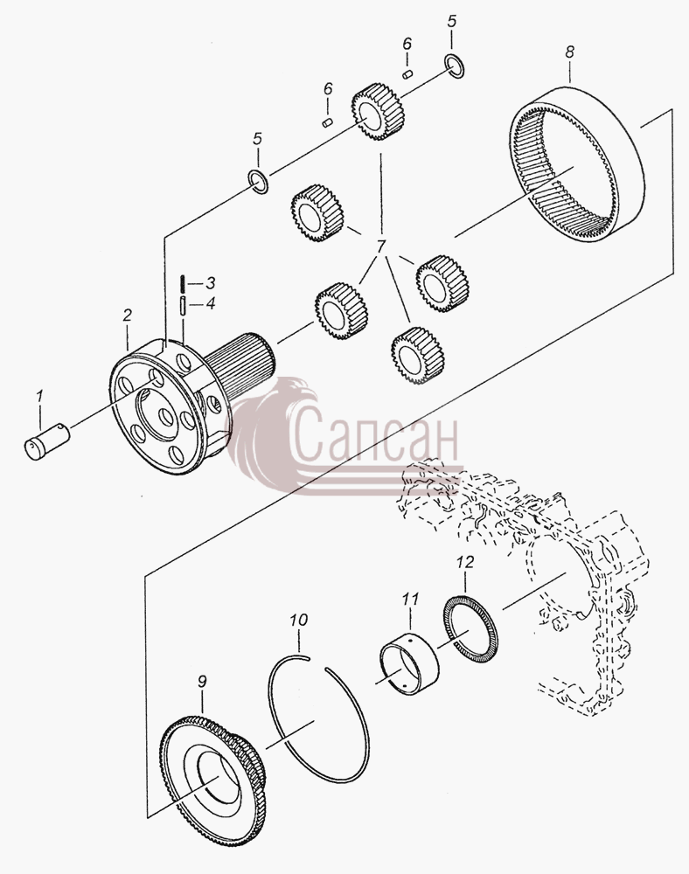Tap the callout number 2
pyautogui.click(x=128, y=315)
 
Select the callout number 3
pyautogui.click(x=210, y=282)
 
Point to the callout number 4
pyautogui.click(x=210, y=304)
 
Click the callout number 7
pyautogui.click(x=381, y=246)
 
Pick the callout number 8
pyautogui.click(x=569, y=52)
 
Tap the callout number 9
pyautogui.click(x=202, y=681)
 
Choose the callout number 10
pyautogui.click(x=299, y=620)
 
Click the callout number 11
pyautogui.click(x=410, y=600)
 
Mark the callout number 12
pyautogui.click(x=465, y=562)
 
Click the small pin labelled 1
pyautogui.click(x=47, y=440)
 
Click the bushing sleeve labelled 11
pyautogui.click(x=409, y=662)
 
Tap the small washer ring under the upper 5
pyautogui.click(x=455, y=66)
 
